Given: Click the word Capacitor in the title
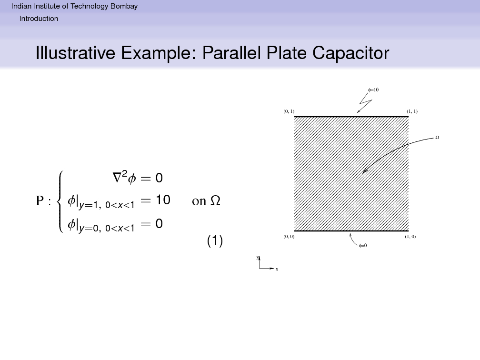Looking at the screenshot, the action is (350, 53).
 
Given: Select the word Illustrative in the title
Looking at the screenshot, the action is (75, 53).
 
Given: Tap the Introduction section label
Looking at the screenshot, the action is (39, 19).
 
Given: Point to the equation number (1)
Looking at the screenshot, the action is (215, 240).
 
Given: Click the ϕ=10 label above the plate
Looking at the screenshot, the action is (373, 90).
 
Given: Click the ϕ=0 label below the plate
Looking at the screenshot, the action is (363, 246).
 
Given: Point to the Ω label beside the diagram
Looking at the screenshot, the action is (437, 138).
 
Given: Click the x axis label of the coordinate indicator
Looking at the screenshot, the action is (277, 270).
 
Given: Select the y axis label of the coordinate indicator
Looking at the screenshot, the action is (258, 258).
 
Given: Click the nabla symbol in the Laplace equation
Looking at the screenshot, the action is (117, 178).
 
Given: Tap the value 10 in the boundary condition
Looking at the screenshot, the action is (163, 200).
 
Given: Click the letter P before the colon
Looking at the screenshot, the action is (40, 201).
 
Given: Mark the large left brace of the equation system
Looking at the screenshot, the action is (61, 202).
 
